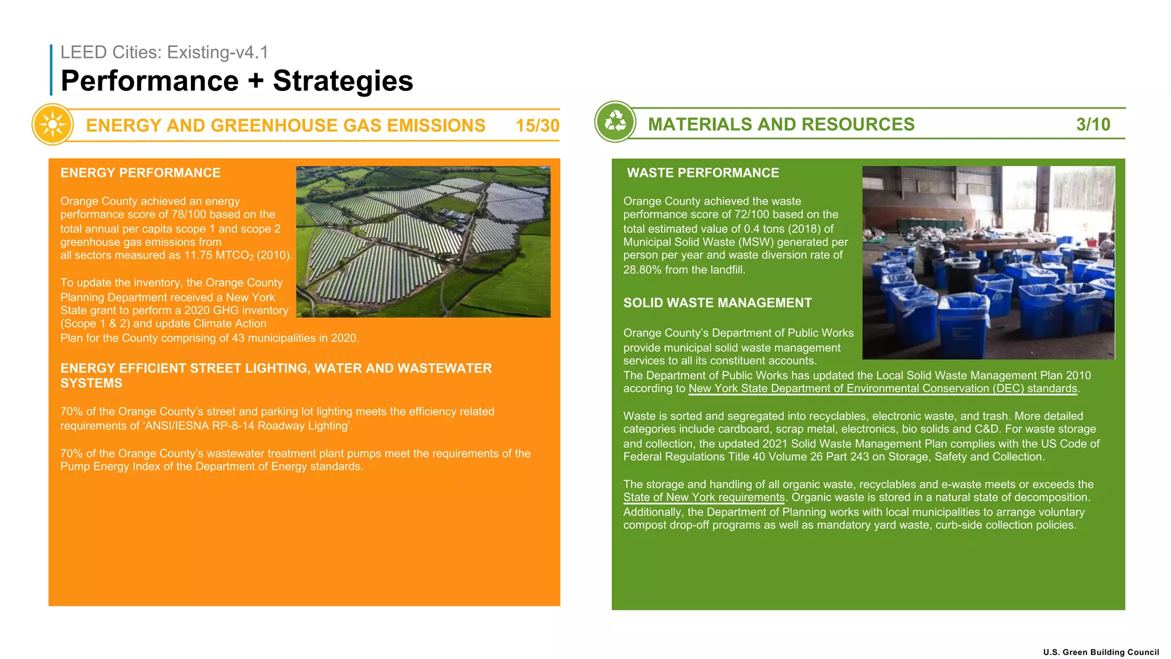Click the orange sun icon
coord(53,124)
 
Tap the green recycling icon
coord(615,121)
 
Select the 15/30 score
coord(537,125)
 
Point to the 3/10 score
coord(1093,124)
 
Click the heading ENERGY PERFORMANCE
coord(141,173)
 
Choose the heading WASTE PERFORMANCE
coord(703,173)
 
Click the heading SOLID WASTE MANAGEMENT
coord(717,303)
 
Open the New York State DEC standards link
coord(883,388)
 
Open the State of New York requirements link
coord(704,497)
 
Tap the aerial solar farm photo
coord(423,241)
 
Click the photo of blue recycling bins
coord(988,263)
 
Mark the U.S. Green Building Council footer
coord(1101,652)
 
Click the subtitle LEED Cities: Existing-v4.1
coord(164,52)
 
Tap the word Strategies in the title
coord(342,81)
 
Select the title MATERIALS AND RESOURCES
coord(781,124)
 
